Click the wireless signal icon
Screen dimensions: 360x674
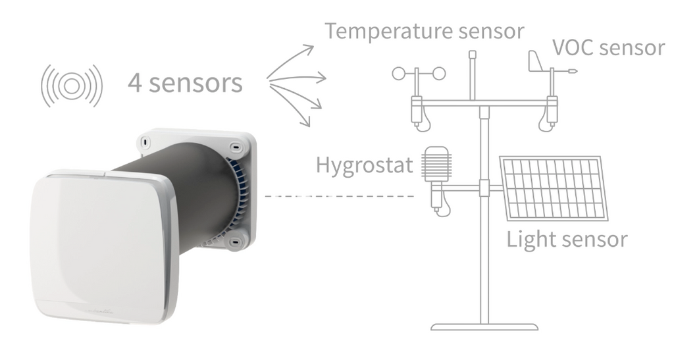(72, 85)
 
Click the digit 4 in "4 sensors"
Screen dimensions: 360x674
(135, 84)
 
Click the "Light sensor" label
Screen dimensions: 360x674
(567, 239)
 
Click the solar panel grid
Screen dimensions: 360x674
(555, 188)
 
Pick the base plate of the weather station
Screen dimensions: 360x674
(484, 326)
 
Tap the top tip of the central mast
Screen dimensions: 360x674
(472, 52)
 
